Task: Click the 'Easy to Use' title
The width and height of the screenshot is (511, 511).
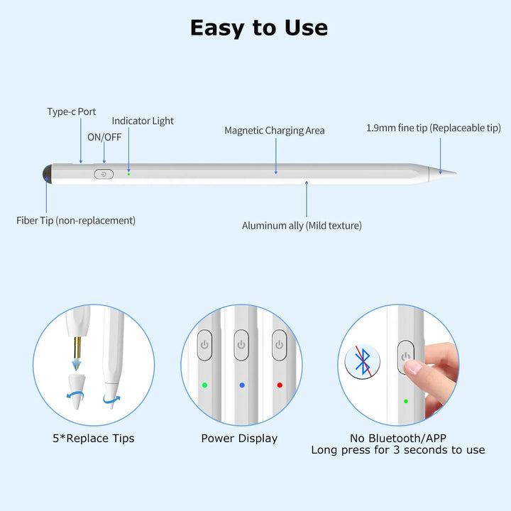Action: point(259,28)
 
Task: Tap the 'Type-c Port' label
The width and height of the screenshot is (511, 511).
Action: point(72,112)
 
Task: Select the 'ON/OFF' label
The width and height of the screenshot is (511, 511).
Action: point(104,137)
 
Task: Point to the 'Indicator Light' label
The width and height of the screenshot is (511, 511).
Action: point(143,121)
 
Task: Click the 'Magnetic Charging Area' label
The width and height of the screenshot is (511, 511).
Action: point(275,131)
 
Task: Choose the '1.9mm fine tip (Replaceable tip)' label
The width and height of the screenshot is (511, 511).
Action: point(434,128)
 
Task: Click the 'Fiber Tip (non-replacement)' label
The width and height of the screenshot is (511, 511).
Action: point(76,221)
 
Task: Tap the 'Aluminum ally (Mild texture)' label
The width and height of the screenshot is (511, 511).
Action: point(302,226)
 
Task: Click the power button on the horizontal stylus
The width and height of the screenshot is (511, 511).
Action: point(104,175)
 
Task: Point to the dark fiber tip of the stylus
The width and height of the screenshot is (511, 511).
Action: point(48,174)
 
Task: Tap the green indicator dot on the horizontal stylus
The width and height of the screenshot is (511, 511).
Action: point(128,174)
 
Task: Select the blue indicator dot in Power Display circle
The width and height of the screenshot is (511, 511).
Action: point(242,385)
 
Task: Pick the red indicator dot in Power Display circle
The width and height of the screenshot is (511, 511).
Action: point(280,385)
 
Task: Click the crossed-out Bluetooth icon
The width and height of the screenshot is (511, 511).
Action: point(363,361)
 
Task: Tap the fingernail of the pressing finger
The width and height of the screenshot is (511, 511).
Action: point(412,368)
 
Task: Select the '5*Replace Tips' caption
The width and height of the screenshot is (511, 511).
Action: point(94,439)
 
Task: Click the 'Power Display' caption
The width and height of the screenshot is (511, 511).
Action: point(239,439)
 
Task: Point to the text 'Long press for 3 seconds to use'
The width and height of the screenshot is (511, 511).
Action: point(398,451)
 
